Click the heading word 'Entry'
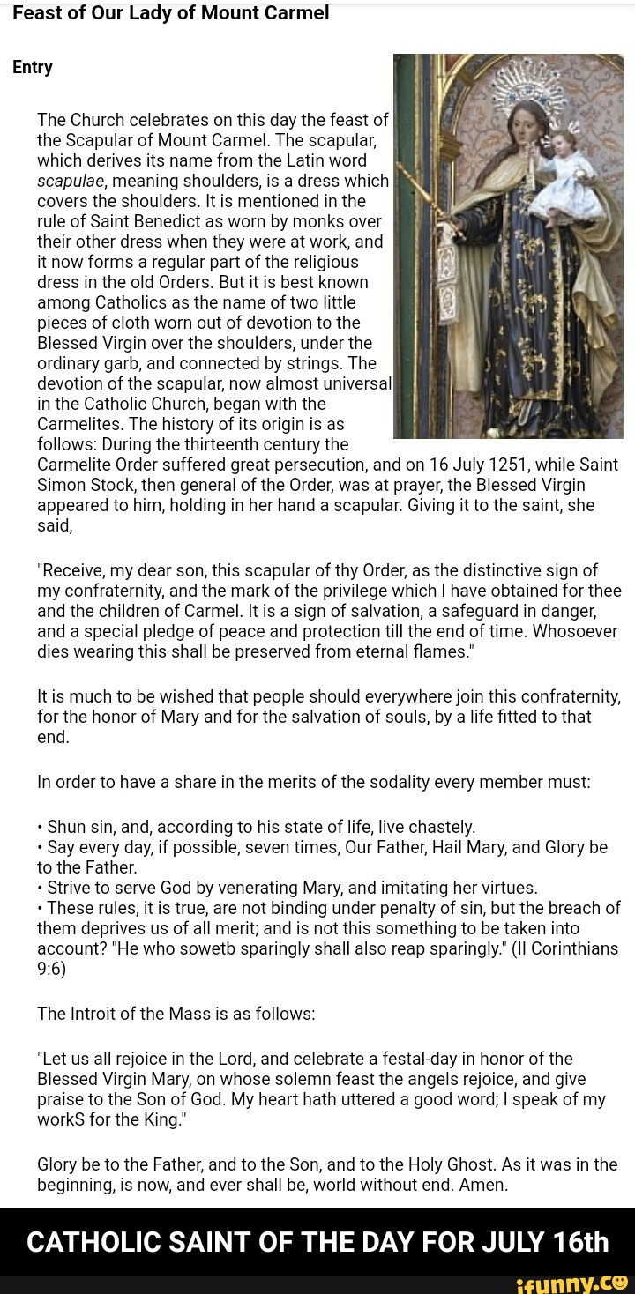point(33,67)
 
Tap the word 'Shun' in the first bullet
point(65,827)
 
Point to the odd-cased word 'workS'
point(61,1119)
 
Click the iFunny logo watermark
point(585,1283)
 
